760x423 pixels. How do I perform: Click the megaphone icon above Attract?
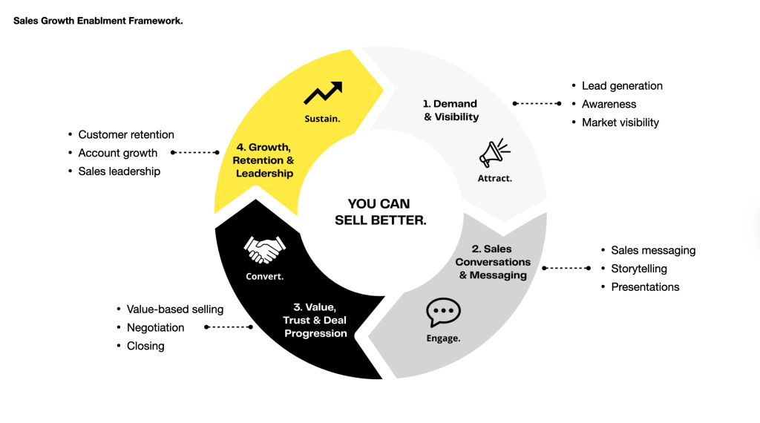[x=494, y=153]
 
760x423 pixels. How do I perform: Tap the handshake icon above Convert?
[x=265, y=251]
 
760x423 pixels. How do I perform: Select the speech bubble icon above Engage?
[x=443, y=312]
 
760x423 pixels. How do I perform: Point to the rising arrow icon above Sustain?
[x=323, y=94]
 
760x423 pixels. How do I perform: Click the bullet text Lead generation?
[x=622, y=86]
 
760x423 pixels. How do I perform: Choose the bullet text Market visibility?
[x=620, y=122]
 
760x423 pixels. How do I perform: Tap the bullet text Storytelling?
[x=638, y=269]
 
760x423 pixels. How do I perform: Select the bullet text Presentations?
[x=645, y=287]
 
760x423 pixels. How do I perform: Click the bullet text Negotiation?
[x=155, y=327]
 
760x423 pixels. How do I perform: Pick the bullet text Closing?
[x=145, y=346]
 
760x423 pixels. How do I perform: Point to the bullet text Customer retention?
[x=126, y=135]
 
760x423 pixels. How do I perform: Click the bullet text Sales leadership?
[x=119, y=171]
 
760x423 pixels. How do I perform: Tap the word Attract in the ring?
[x=495, y=179]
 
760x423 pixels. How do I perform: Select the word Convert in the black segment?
[x=265, y=277]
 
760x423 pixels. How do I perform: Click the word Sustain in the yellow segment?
[x=323, y=119]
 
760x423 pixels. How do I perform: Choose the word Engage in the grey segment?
[x=443, y=338]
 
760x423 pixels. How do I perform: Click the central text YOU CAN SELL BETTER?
[x=380, y=211]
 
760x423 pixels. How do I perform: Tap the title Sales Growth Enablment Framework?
[x=98, y=21]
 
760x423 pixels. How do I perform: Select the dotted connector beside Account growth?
[x=195, y=153]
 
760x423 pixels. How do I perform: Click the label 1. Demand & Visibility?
[x=451, y=111]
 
